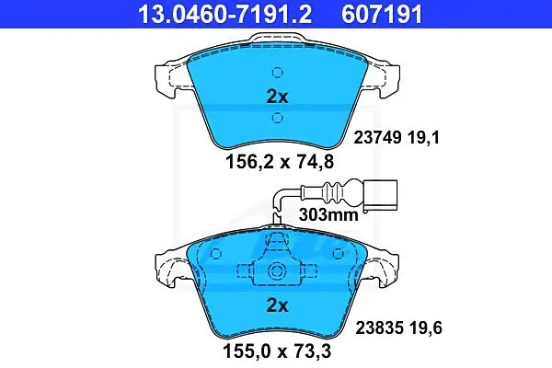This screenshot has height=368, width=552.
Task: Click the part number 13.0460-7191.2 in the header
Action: pos(225,14)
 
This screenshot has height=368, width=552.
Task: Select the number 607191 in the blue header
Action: pos(382,14)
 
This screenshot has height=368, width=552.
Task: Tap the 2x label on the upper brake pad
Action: pos(278,97)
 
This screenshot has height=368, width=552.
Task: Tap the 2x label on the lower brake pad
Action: pos(278,305)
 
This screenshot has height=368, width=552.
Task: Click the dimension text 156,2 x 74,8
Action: pos(279,162)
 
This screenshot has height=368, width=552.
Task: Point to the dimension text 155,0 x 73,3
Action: pos(277,351)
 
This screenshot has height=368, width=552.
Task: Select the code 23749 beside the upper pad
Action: pos(377,138)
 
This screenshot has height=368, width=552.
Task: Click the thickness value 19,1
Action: pos(424,138)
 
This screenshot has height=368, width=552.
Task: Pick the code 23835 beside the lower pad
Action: pos(379,328)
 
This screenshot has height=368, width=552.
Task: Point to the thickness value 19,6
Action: pos(426,328)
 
